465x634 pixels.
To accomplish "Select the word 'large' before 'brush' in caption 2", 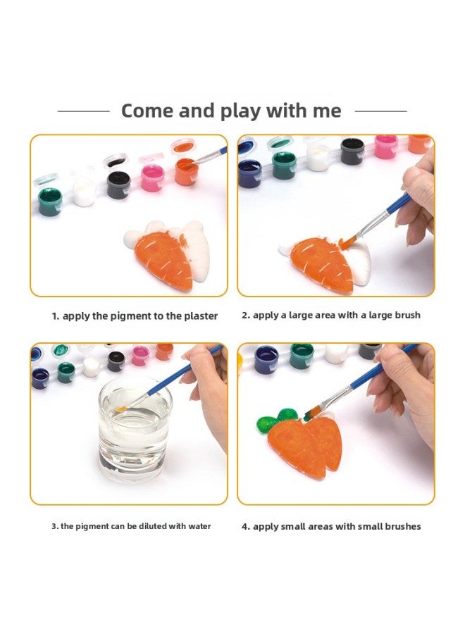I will click(x=374, y=315).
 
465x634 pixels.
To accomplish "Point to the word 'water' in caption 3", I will click(x=197, y=526).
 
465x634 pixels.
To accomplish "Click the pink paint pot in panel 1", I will click(x=151, y=178).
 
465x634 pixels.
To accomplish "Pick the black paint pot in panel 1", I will click(x=118, y=185).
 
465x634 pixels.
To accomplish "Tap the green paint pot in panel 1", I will click(x=49, y=201).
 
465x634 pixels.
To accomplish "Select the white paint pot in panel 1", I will click(x=84, y=192).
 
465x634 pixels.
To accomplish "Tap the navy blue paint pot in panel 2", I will click(x=249, y=173).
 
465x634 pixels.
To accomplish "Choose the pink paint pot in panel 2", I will click(x=385, y=146).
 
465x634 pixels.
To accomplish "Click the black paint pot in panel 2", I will click(x=352, y=150).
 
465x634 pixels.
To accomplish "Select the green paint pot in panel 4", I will click(x=302, y=354).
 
